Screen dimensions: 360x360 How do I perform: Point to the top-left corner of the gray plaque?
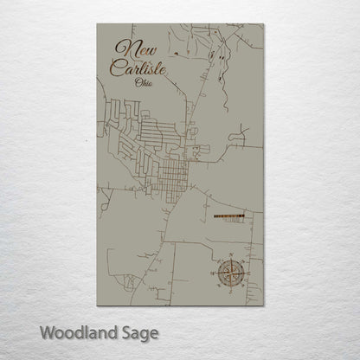tap(98, 24)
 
